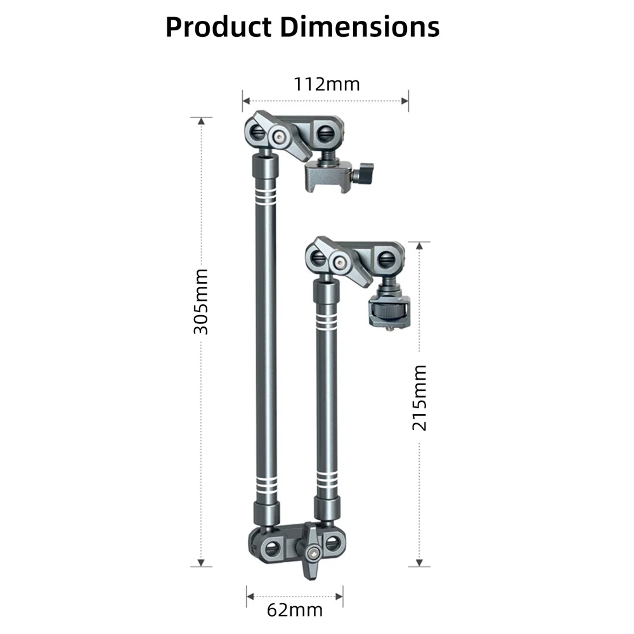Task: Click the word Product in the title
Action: (x=219, y=27)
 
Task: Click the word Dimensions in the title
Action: (x=359, y=27)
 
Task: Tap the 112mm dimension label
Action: (x=327, y=84)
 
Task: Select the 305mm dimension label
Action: (x=201, y=302)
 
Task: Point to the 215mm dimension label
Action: (x=419, y=398)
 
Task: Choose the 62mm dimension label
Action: (x=295, y=610)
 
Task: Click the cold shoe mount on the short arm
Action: (x=389, y=311)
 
